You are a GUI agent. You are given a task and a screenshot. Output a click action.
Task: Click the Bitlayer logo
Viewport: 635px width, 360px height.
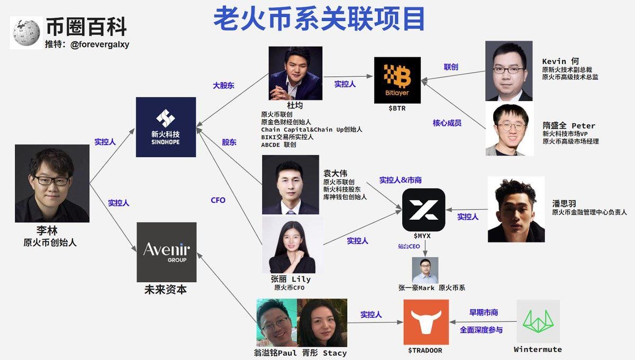[x=397, y=80]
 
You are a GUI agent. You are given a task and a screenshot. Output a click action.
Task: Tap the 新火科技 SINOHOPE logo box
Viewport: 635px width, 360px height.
[x=166, y=127]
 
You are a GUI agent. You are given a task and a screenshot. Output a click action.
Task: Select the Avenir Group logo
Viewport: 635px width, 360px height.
[x=166, y=252]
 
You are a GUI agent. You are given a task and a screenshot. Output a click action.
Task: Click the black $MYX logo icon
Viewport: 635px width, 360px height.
[x=423, y=210]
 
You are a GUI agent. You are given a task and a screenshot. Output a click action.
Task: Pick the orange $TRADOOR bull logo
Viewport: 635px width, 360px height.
[x=426, y=322]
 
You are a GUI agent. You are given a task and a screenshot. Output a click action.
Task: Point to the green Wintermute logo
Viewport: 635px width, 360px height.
[x=538, y=321]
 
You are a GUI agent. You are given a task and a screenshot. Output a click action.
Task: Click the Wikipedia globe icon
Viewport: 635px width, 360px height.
[x=26, y=33]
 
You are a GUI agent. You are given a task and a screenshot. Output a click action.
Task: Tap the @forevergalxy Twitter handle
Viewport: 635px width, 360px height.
[x=100, y=44]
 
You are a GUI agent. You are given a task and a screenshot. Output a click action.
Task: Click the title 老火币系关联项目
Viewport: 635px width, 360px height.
[x=319, y=19]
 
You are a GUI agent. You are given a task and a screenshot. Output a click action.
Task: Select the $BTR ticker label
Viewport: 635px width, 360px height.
[x=397, y=108]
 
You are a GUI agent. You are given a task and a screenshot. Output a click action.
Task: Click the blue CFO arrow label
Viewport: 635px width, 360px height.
[x=218, y=200]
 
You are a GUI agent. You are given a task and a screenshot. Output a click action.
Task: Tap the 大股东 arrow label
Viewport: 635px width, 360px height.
[x=223, y=85]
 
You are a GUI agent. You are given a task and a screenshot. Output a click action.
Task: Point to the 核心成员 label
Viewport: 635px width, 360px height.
[x=447, y=123]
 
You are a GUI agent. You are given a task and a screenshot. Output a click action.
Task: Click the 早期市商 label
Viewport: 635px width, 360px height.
[x=484, y=312]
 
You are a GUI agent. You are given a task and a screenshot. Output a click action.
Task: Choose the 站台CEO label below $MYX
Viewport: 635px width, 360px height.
[x=409, y=246]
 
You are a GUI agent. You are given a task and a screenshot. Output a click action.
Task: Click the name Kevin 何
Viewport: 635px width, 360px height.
[x=560, y=61]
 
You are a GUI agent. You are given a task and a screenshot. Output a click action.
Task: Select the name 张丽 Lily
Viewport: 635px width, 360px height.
[x=291, y=279]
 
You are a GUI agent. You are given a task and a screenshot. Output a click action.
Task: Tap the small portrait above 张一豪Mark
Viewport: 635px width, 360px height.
[x=425, y=271]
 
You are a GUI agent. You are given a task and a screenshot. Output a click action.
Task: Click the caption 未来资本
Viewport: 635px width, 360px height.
[x=166, y=290]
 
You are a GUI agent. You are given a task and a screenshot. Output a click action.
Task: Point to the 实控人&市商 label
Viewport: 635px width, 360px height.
[x=400, y=180]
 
